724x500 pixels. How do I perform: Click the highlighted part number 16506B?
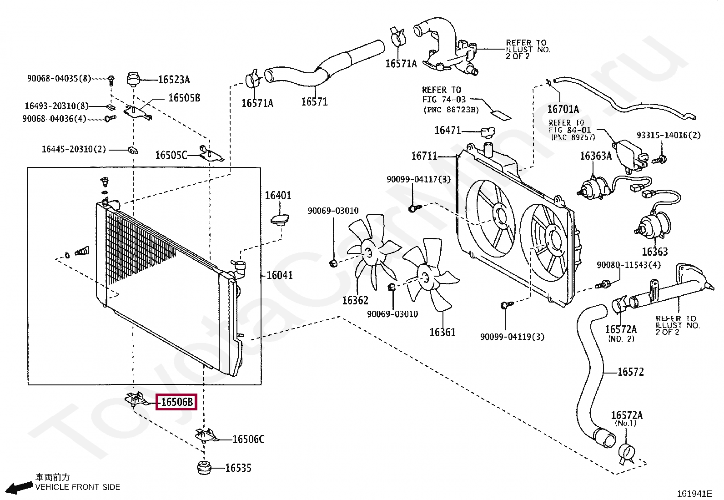(x=176, y=402)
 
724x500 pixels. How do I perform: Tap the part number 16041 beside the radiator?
(x=280, y=275)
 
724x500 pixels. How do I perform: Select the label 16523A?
(x=174, y=80)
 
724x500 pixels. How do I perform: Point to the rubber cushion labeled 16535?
(x=204, y=468)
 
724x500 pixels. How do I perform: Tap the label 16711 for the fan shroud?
(x=424, y=156)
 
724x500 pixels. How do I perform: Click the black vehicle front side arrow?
(x=20, y=487)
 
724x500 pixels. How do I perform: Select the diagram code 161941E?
(x=694, y=494)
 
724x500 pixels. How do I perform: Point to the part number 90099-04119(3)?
(x=512, y=337)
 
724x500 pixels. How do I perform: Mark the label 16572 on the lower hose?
(x=631, y=372)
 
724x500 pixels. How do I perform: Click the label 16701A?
(x=563, y=109)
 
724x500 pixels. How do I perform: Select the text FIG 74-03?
(x=444, y=99)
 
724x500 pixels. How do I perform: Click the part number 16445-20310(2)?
(x=74, y=149)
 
